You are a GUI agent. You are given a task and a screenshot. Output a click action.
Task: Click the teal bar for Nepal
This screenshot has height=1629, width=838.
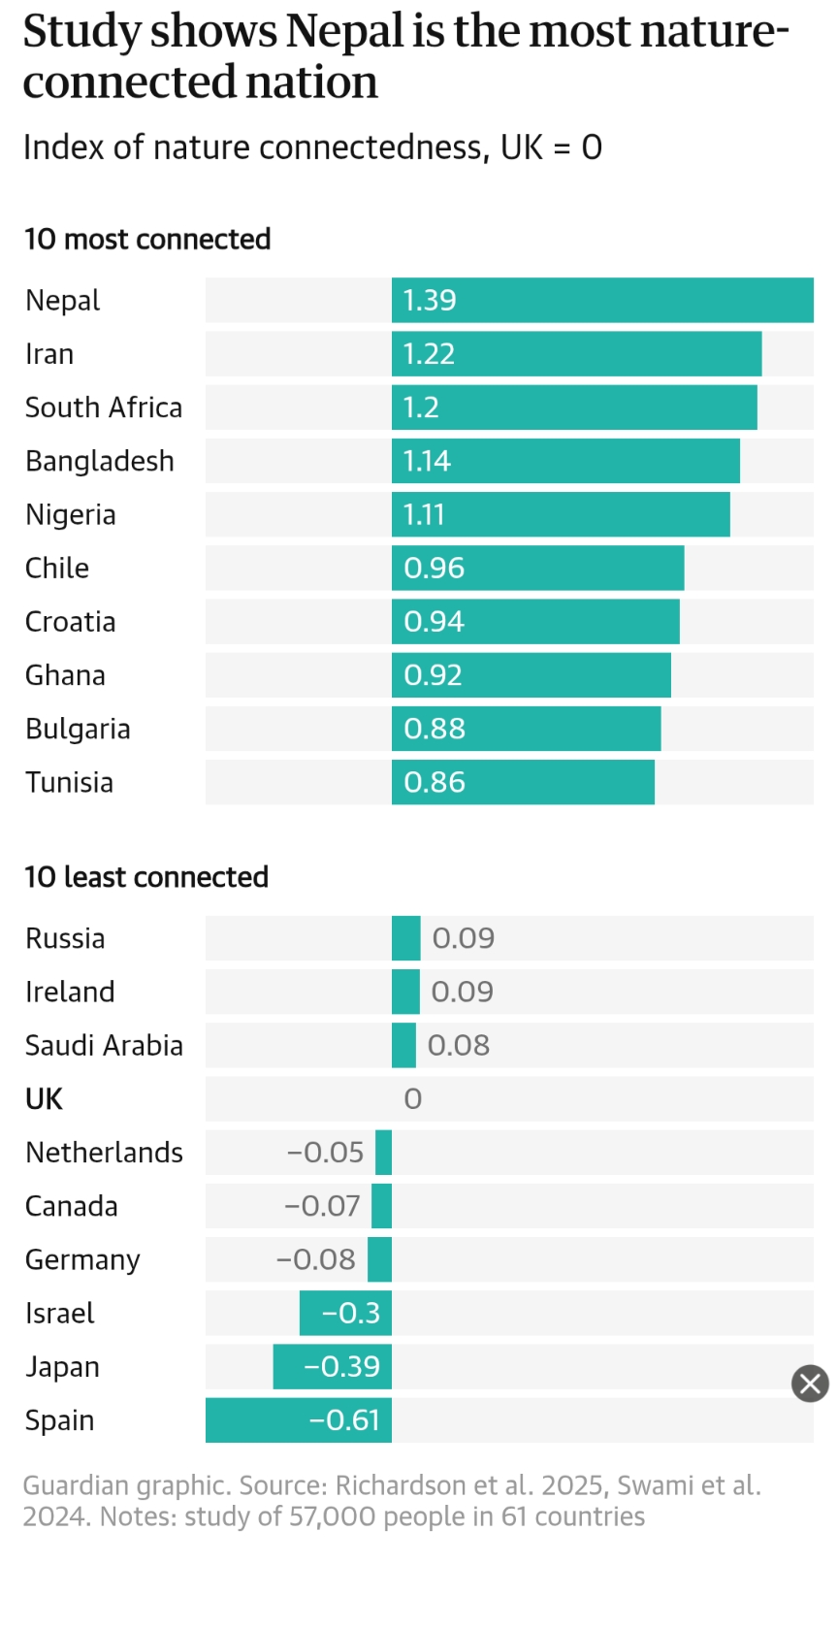coord(601,301)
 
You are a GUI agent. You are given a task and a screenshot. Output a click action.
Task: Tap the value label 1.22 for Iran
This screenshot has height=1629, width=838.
coord(429,354)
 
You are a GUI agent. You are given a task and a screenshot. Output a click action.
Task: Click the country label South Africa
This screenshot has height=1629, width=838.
coord(104,407)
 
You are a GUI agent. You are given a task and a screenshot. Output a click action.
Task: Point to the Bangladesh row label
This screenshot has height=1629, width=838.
coord(100,461)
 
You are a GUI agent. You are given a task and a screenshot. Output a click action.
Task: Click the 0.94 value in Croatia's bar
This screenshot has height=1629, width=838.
coord(434,622)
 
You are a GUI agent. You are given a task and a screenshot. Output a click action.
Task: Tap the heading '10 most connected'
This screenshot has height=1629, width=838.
coord(147,240)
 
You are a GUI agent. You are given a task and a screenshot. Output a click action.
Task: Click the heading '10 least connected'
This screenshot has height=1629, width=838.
coord(146,877)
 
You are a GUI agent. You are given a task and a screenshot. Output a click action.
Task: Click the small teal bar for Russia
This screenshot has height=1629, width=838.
coord(405,938)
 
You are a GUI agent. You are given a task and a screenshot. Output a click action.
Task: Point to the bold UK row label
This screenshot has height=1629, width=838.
coord(44,1099)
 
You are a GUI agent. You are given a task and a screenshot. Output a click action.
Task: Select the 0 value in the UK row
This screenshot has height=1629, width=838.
coord(412,1099)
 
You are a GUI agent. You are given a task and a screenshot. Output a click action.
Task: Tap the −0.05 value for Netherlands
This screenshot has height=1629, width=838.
coord(325,1153)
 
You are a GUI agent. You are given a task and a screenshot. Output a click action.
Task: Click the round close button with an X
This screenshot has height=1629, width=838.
coord(810,1384)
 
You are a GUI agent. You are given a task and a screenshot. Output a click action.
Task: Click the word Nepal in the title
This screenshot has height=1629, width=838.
coord(344,31)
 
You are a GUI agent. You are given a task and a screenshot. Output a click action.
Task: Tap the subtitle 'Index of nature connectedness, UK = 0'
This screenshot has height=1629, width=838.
coord(312,147)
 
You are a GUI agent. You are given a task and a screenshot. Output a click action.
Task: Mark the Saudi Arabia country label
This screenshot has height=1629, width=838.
coord(104,1046)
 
